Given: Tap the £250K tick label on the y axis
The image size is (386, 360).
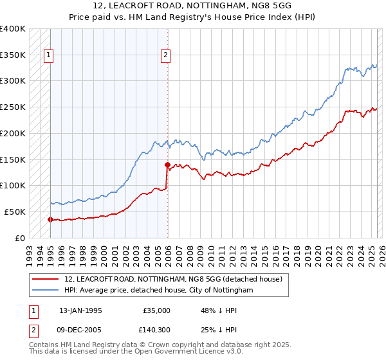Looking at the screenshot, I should pyautogui.click(x=13, y=107).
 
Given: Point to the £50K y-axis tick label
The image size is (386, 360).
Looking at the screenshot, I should pyautogui.click(x=15, y=212).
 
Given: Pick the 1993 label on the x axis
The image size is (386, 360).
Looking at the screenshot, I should pyautogui.click(x=29, y=251).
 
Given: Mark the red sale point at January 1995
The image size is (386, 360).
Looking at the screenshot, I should pyautogui.click(x=50, y=219).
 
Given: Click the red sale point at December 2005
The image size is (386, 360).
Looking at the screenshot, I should pyautogui.click(x=167, y=165).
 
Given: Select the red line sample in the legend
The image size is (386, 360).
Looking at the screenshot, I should pyautogui.click(x=46, y=280).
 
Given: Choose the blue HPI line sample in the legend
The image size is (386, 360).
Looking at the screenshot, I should pyautogui.click(x=46, y=291).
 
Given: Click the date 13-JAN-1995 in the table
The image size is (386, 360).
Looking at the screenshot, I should pyautogui.click(x=80, y=310).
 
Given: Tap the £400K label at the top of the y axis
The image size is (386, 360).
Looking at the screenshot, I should pyautogui.click(x=13, y=29).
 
